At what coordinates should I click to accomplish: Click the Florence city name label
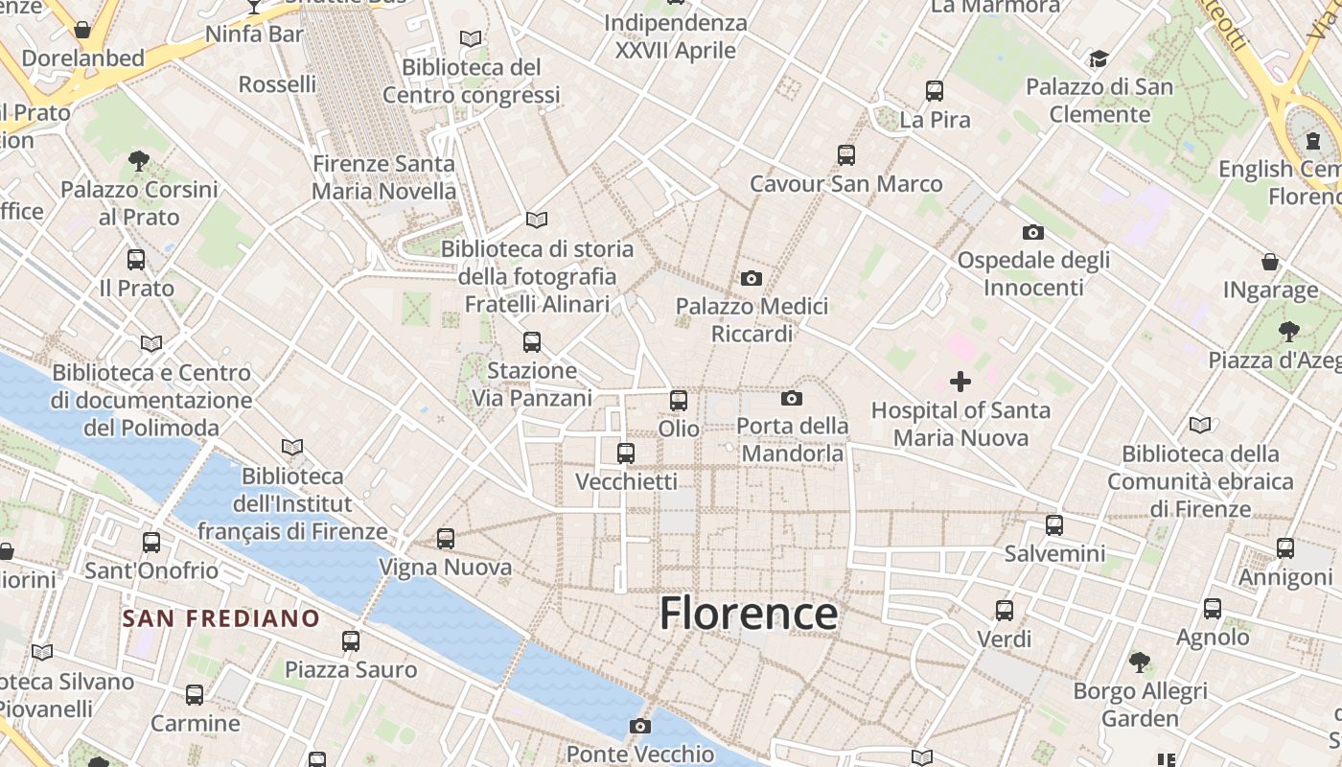(749, 614)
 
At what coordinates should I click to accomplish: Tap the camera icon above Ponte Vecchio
(640, 727)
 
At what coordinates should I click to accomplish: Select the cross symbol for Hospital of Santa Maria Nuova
(960, 383)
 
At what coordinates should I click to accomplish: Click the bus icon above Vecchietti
(626, 453)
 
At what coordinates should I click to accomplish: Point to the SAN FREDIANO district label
(220, 618)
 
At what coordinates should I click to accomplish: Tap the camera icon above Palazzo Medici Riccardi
(752, 279)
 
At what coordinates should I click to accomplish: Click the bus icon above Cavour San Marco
(845, 155)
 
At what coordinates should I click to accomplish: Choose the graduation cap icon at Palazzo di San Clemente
(1099, 59)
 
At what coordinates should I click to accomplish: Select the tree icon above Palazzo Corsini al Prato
(139, 161)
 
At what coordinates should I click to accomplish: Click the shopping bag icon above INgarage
(1270, 262)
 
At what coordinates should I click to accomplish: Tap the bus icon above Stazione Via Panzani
(532, 342)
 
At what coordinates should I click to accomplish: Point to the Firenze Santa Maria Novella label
(383, 177)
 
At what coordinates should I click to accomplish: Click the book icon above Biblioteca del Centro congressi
(470, 39)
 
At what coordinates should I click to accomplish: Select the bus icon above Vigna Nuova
(446, 539)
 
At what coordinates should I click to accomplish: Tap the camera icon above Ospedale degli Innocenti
(1032, 232)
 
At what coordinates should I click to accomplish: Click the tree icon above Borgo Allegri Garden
(1140, 662)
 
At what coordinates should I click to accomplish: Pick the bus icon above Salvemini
(1054, 525)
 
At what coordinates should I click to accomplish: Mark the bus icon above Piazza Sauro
(351, 641)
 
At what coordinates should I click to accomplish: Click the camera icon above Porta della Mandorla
(791, 399)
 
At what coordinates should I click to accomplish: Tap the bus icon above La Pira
(935, 91)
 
